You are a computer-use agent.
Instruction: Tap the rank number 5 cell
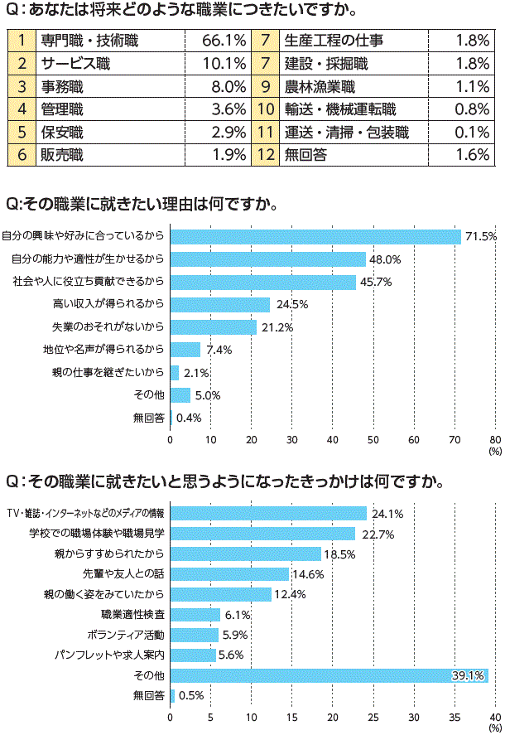[22, 131]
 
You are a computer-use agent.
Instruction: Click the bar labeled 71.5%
[315, 236]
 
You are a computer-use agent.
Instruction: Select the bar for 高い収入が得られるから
[220, 304]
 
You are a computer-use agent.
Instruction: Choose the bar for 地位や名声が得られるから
[185, 349]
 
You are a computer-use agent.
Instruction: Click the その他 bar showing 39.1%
[329, 675]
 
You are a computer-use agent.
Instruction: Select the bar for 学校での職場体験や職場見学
[262, 534]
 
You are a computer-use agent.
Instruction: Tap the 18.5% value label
[339, 554]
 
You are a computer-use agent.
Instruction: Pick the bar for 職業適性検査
[195, 614]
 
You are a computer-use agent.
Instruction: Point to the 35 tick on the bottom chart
[454, 718]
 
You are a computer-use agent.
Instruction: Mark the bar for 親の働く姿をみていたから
[221, 594]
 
